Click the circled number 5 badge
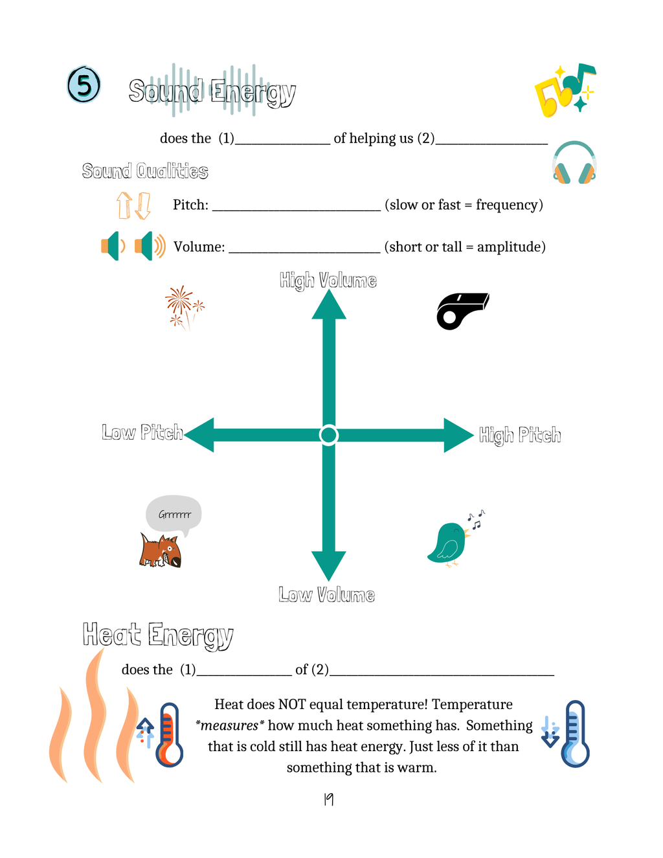pyautogui.click(x=84, y=84)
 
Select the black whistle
pyautogui.click(x=462, y=311)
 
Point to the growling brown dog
pyautogui.click(x=161, y=550)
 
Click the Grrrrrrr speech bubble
pyautogui.click(x=174, y=515)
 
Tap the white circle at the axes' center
pyautogui.click(x=329, y=435)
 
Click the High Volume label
pyautogui.click(x=328, y=280)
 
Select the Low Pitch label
pyautogui.click(x=142, y=432)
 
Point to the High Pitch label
pyautogui.click(x=520, y=435)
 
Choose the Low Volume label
pyautogui.click(x=327, y=594)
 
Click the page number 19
pyautogui.click(x=328, y=800)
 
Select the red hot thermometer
pyautogui.click(x=169, y=735)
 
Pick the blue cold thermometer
pyautogui.click(x=575, y=734)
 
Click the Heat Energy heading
pyautogui.click(x=158, y=635)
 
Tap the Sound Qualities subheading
pyautogui.click(x=145, y=171)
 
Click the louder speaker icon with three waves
pyautogui.click(x=150, y=246)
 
